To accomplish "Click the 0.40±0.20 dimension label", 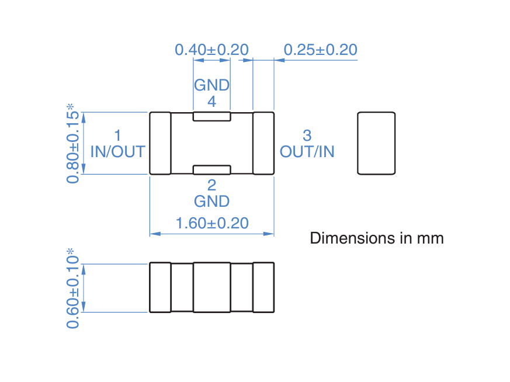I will [211, 50].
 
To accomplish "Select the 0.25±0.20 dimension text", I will [320, 50].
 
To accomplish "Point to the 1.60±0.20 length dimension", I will [211, 223].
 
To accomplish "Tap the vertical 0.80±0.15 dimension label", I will [72, 143].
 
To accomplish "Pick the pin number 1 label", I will [117, 136].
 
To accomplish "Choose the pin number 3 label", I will [307, 136].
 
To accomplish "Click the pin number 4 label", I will [211, 102].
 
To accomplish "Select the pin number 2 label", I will [211, 185].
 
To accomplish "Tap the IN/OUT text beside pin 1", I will [117, 152].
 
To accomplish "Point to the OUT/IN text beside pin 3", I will [307, 152].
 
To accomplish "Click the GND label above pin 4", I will [211, 85].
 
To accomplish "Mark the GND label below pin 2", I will [211, 202].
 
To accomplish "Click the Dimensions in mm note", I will [376, 238].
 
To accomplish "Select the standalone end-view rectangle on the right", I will [376, 143].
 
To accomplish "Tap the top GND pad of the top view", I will [211, 116].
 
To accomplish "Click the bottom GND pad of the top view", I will [211, 170].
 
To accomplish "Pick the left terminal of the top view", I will [160, 143].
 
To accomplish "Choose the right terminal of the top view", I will [263, 143].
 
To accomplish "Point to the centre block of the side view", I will [211, 287].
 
